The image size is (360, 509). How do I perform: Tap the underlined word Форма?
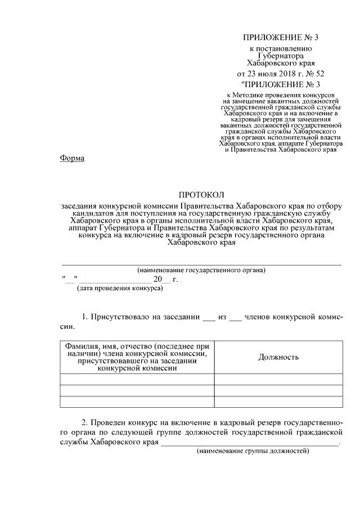click(72, 158)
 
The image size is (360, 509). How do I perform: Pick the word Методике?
click(250, 97)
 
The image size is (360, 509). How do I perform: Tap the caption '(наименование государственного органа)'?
click(201, 270)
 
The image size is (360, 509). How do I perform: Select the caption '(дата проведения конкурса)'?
click(120, 288)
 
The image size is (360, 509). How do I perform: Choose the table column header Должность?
click(278, 357)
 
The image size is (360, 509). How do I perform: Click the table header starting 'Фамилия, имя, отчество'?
click(137, 357)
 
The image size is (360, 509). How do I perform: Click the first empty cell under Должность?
click(278, 379)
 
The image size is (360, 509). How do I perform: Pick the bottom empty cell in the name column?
click(137, 401)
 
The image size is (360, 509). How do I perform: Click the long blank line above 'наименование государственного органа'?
click(201, 264)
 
